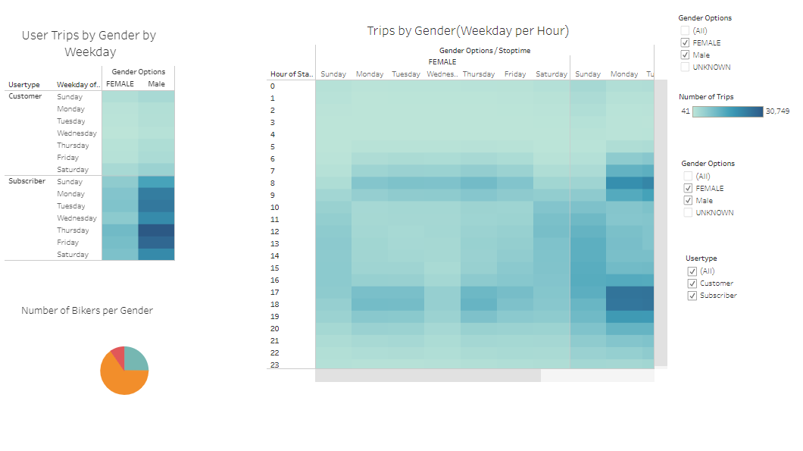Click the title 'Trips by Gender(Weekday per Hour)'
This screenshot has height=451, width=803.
(x=467, y=31)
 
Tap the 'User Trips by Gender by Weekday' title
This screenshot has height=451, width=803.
(x=89, y=43)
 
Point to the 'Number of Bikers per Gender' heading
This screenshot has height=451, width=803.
(x=87, y=310)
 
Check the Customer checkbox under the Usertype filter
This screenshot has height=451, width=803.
(x=692, y=283)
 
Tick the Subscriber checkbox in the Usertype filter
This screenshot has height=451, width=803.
(x=692, y=296)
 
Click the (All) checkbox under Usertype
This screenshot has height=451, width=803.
(x=692, y=271)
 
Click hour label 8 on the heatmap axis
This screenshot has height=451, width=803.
(x=273, y=183)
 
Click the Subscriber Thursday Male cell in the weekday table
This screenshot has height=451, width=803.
(x=156, y=230)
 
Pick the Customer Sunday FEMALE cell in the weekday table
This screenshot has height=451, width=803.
(x=120, y=97)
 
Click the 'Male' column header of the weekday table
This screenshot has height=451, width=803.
(x=156, y=84)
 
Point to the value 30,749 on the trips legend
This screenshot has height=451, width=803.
(x=778, y=111)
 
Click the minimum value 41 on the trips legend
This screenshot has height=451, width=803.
(x=685, y=111)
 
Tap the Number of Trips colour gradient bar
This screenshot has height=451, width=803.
(x=727, y=111)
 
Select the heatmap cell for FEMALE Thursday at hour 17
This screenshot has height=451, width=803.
(x=478, y=292)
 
